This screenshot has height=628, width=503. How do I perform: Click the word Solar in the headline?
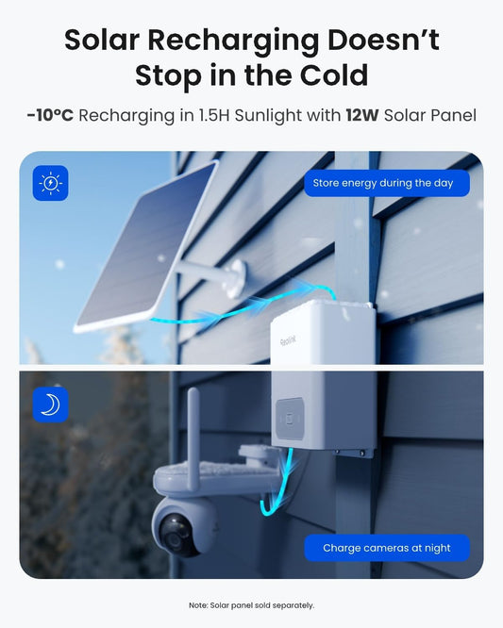point(102,40)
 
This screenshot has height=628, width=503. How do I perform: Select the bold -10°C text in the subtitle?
point(51,115)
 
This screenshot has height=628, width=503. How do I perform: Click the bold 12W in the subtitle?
point(362,115)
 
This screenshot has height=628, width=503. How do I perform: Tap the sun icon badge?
point(51,183)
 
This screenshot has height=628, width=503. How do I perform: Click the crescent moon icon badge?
point(51,405)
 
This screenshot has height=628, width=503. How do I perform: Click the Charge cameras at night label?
point(387,548)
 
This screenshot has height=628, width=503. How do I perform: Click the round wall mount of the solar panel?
point(237,278)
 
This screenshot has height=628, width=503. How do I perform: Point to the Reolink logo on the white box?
point(288,341)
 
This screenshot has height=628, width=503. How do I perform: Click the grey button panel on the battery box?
point(290,418)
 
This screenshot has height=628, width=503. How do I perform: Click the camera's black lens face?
point(176,535)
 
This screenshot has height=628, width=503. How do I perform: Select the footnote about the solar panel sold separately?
point(251,605)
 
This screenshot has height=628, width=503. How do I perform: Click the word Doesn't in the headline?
point(383,40)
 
